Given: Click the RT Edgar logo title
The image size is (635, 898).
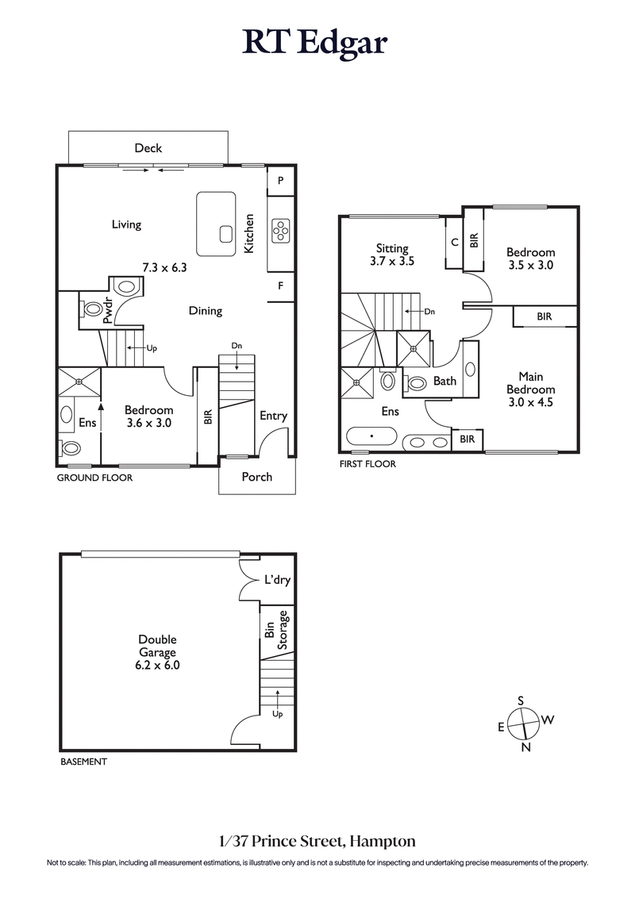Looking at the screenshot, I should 316,43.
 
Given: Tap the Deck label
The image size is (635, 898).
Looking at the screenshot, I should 148,148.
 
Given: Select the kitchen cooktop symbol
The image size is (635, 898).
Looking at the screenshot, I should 281,230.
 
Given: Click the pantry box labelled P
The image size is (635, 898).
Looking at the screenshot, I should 281,180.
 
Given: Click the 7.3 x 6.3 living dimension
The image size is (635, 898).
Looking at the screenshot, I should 164,268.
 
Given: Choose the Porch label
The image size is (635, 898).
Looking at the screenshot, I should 256,477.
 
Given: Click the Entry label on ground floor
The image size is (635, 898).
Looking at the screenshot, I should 273,416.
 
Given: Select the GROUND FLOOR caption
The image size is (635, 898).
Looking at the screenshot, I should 94,478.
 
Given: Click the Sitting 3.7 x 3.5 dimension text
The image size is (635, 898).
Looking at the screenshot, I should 392,260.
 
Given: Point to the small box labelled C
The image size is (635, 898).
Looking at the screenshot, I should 454,243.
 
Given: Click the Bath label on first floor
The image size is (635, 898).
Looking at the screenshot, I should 444,381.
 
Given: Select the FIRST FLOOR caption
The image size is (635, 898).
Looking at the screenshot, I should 367,464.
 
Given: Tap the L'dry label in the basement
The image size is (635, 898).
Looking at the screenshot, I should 277,581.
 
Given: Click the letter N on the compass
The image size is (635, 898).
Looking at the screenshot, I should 525,747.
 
